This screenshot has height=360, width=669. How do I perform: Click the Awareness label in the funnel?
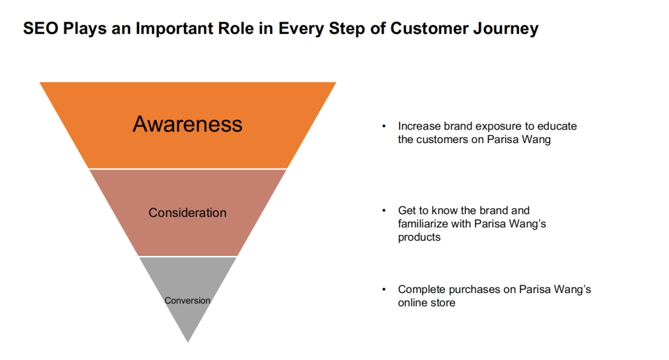point(187,124)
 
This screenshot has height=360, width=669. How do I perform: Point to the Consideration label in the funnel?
point(187,213)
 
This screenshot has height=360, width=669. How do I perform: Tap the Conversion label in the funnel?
point(187,301)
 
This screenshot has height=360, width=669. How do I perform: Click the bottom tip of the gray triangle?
point(187,341)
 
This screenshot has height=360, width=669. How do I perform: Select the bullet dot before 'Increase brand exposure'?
point(384,126)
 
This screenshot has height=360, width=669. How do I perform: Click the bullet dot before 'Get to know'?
point(384,211)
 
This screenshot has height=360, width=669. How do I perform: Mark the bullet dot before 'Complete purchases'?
point(384,289)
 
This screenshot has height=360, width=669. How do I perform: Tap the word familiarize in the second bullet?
point(423,224)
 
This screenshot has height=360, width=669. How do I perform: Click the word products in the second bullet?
point(419,237)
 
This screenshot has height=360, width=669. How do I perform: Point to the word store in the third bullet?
point(443,303)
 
